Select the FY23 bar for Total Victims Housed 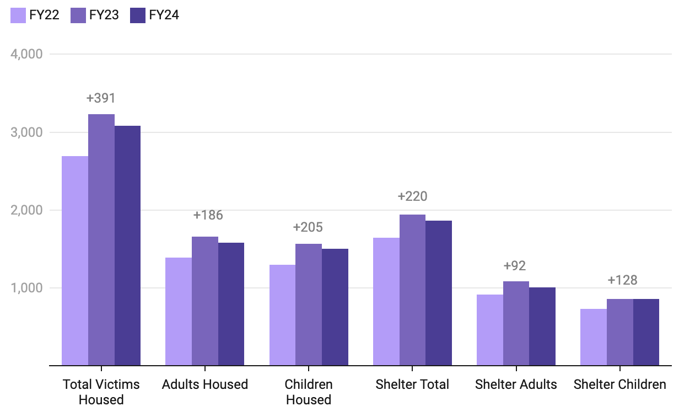click(x=101, y=239)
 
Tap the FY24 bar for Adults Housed click(x=231, y=304)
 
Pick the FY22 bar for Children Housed click(x=282, y=315)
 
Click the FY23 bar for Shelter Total click(x=412, y=290)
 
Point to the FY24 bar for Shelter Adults click(x=542, y=326)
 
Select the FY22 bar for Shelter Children click(x=594, y=337)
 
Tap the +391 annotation click(x=101, y=98)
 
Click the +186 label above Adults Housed click(x=208, y=215)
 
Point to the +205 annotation click(x=308, y=227)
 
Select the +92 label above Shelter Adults click(x=515, y=266)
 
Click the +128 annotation click(x=622, y=280)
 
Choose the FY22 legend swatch click(x=18, y=15)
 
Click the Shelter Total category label click(x=412, y=384)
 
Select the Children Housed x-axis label click(x=309, y=392)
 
